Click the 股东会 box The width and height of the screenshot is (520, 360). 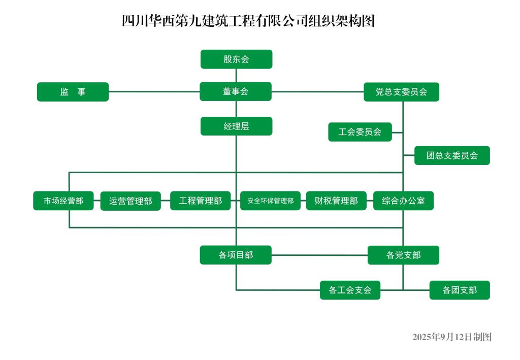236,59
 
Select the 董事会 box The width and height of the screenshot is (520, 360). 236,91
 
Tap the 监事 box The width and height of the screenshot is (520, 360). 73,92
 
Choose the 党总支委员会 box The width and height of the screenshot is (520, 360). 401,92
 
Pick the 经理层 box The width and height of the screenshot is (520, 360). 236,126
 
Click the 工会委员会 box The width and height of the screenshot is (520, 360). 360,132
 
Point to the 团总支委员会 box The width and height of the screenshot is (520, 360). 452,155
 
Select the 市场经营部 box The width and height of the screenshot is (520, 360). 63,201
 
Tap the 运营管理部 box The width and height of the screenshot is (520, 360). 131,201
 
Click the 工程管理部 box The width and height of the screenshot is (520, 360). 200,201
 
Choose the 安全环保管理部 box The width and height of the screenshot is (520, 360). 270,201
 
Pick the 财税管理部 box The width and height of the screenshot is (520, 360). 336,201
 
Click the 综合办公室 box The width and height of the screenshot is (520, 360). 403,201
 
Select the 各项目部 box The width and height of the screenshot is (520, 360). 236,255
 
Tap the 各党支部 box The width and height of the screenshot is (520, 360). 403,255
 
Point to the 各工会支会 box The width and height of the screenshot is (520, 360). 350,290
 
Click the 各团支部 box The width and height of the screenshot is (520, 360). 460,290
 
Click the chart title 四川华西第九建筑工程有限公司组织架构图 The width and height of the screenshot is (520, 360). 248,22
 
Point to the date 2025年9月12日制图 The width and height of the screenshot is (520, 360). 452,337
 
